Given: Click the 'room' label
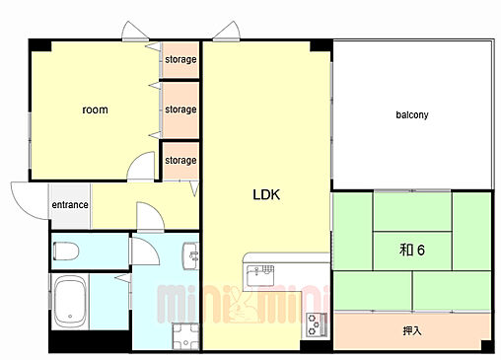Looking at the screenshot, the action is [x=95, y=109].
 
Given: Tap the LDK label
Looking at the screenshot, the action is [x=266, y=194].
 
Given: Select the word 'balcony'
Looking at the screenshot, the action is [x=412, y=114].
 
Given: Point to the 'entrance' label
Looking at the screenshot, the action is [x=70, y=205].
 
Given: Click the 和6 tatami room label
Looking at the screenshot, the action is [x=412, y=250].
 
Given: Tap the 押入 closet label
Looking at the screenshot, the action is [x=412, y=330].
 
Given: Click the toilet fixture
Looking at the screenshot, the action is [x=66, y=252].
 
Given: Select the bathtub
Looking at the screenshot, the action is [x=70, y=302].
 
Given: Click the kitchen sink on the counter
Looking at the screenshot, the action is [x=260, y=275].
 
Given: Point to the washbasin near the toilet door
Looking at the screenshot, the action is [x=190, y=256].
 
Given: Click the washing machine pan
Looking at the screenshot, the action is [x=185, y=336].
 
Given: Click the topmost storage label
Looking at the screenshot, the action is [x=180, y=59].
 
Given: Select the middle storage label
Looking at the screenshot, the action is [x=180, y=109].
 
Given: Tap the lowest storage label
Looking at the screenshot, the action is [x=180, y=160].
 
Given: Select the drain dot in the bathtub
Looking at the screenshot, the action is [x=70, y=317].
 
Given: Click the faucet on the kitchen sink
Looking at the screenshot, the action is [x=256, y=271].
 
